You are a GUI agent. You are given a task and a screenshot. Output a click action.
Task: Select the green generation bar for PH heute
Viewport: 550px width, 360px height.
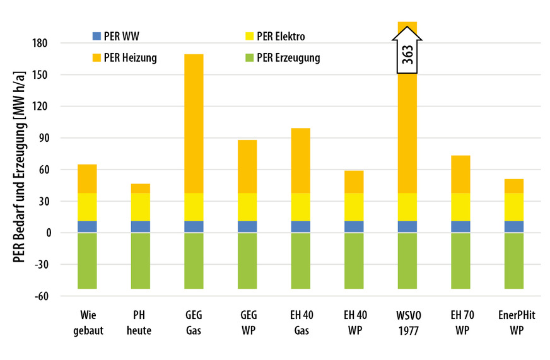pos(141,261)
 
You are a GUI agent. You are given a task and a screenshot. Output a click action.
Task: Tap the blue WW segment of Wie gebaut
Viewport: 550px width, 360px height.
pos(87,227)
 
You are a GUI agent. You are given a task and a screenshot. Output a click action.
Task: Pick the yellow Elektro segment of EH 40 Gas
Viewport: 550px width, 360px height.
pos(300,207)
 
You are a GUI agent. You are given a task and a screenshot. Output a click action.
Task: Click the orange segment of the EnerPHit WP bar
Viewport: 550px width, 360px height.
pos(513,186)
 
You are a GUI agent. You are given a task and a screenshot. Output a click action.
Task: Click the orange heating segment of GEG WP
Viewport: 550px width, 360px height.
pos(247,166)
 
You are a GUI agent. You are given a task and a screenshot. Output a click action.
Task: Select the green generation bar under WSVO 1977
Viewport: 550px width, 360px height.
pos(407,261)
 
